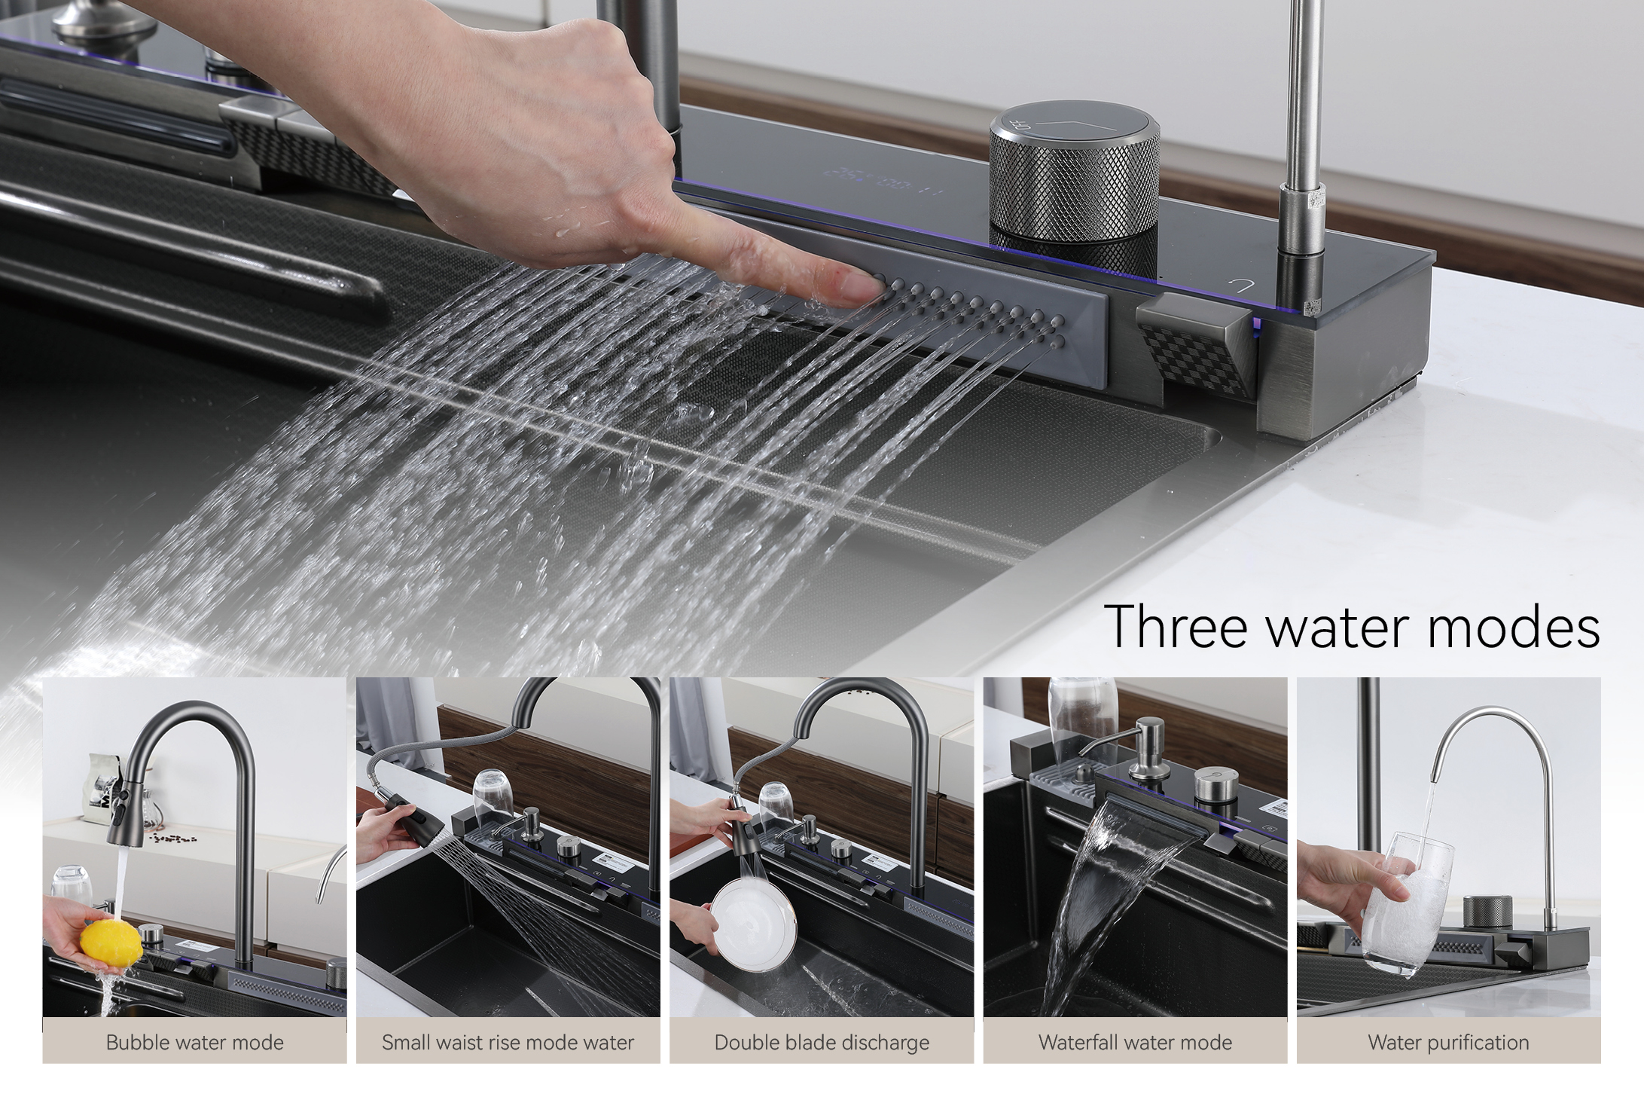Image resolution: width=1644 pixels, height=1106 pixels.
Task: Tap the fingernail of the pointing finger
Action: click(x=858, y=286)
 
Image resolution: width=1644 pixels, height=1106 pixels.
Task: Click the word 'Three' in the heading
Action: click(x=1179, y=625)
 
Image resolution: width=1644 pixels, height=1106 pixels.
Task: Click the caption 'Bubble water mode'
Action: click(x=194, y=1043)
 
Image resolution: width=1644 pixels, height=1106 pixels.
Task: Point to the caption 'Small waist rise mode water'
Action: click(x=508, y=1043)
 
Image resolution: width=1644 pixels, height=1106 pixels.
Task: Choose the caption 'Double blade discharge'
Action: click(x=822, y=1043)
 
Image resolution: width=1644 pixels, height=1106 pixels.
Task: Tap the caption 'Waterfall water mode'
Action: click(x=1135, y=1043)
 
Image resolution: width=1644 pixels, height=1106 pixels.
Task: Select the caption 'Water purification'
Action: click(x=1448, y=1043)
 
